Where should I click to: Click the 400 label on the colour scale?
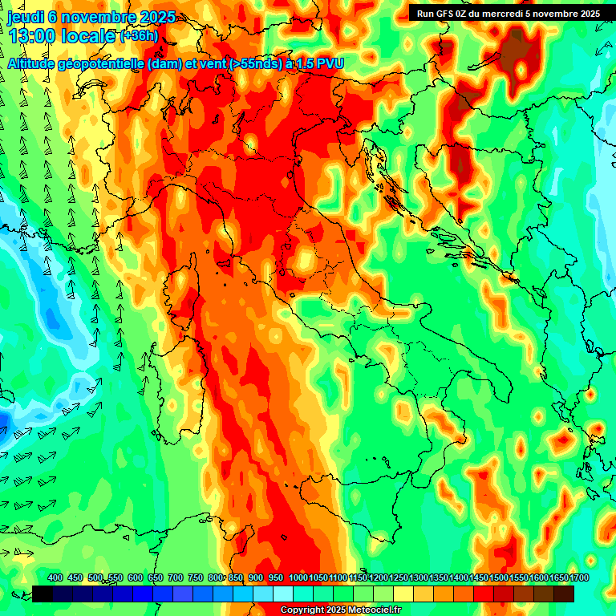55,578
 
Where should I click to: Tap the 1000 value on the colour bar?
298,578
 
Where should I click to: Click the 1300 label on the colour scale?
419,578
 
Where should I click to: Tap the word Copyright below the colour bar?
302,610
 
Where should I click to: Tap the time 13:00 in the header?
31,37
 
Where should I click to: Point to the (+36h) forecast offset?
138,37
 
